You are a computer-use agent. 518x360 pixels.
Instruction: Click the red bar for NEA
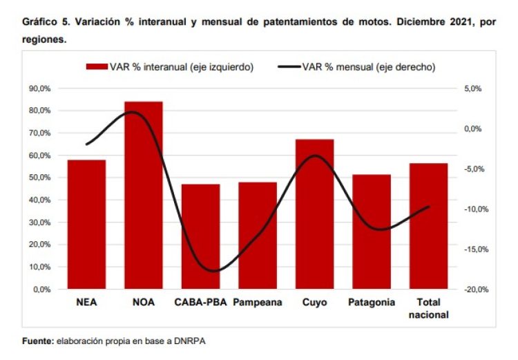coord(86,225)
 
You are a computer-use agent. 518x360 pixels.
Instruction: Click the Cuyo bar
coord(314,214)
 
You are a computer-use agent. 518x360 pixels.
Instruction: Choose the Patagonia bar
coord(372,231)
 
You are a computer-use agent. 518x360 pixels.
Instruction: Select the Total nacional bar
coord(428,226)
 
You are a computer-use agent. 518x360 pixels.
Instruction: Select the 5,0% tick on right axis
coord(472,88)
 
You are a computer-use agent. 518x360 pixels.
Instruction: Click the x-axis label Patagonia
coord(372,302)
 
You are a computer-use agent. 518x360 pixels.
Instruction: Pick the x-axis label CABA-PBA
coord(200,302)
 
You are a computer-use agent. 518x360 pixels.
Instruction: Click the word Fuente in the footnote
coord(38,341)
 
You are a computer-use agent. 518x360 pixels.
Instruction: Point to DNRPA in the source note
coord(191,341)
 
